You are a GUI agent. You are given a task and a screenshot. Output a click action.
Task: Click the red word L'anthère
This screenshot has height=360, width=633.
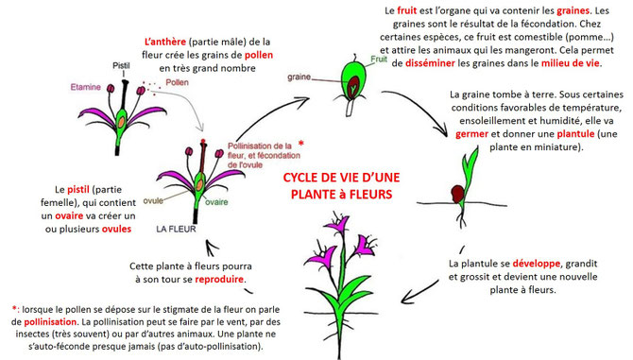pyautogui.click(x=166, y=42)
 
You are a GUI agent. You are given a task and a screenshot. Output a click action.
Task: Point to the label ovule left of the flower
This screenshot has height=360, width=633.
pyautogui.click(x=155, y=199)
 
